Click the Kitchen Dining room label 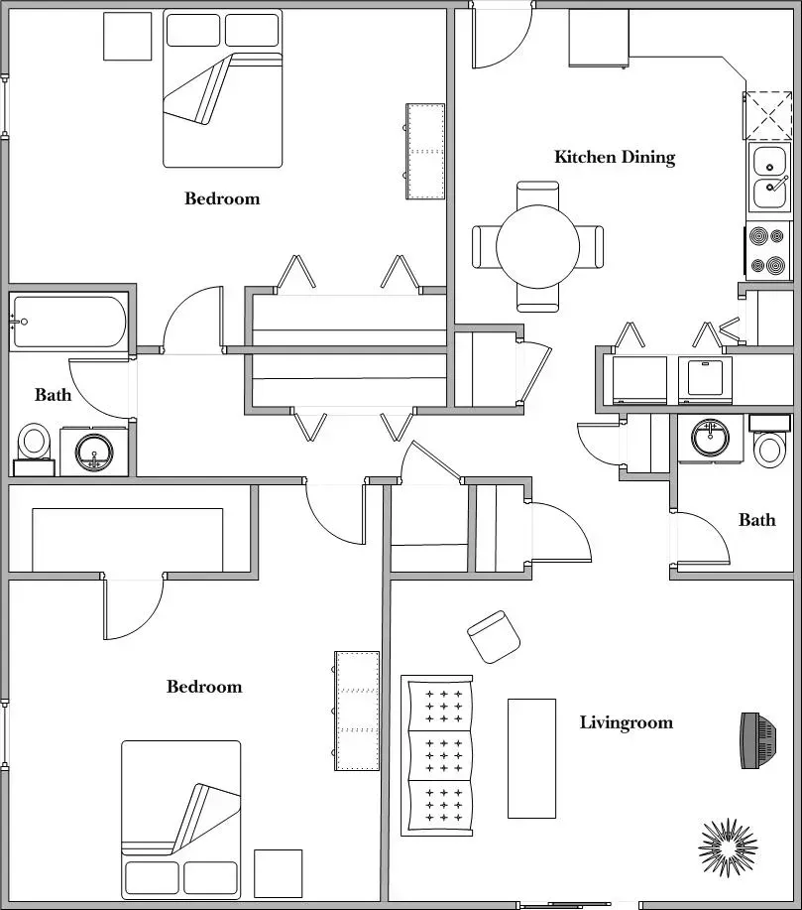point(614,157)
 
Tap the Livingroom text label point(626,722)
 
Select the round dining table point(537,246)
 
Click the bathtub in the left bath point(69,322)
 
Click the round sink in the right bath point(710,438)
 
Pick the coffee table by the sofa point(531,758)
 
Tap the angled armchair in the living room point(493,636)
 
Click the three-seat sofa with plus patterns point(438,755)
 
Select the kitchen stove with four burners point(768,251)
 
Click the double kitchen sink point(769,177)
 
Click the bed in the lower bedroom point(181,819)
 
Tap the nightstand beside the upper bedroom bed point(128,36)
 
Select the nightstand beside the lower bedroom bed point(278,873)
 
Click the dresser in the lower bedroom point(357,711)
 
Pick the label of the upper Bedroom point(222,198)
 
